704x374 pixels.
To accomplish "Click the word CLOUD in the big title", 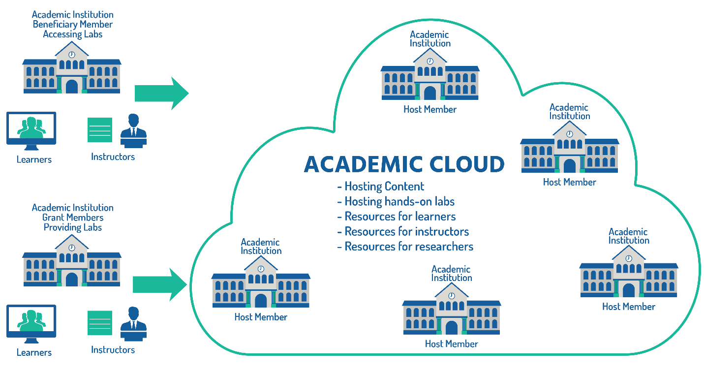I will click(460, 164).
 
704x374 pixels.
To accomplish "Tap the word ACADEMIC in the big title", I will click(356, 164).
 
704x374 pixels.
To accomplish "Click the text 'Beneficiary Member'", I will click(73, 24).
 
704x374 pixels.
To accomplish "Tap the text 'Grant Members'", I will click(73, 218).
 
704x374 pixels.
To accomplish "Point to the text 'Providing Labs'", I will click(73, 227).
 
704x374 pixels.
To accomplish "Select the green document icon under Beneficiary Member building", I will click(100, 130).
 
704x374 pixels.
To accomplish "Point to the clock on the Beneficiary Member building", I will click(72, 55).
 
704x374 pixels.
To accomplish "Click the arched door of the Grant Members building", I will click(72, 280).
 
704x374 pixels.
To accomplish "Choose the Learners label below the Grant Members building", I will click(34, 352).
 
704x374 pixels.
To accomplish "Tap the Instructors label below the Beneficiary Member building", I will click(113, 157).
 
